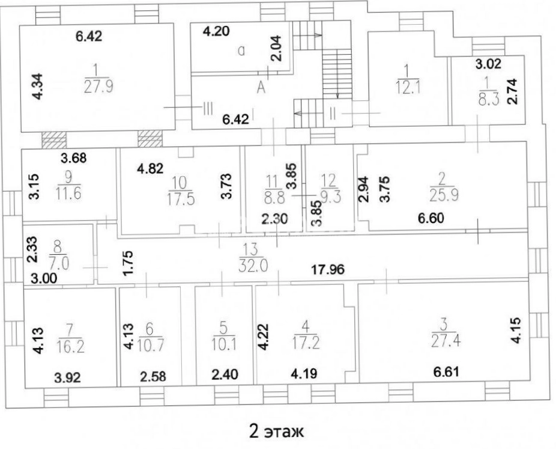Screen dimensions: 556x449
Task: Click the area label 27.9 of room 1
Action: pyautogui.click(x=98, y=86)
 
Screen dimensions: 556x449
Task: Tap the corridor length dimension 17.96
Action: pyautogui.click(x=328, y=269)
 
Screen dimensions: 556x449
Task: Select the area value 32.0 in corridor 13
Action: pyautogui.click(x=253, y=265)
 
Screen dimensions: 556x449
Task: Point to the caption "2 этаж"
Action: pyautogui.click(x=277, y=431)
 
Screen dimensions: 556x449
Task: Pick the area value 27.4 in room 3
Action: pyautogui.click(x=446, y=340)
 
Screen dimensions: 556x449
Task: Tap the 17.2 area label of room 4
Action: pyautogui.click(x=306, y=343)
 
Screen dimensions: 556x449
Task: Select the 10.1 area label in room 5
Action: pyautogui.click(x=224, y=344)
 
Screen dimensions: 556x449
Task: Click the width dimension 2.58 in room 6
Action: pyautogui.click(x=153, y=376)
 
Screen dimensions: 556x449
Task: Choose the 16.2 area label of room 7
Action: pyautogui.click(x=70, y=346)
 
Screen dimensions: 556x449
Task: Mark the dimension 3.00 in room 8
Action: pyautogui.click(x=44, y=278)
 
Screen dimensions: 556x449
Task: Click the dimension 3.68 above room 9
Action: pyautogui.click(x=73, y=157)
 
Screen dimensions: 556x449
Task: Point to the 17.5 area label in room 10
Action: pyautogui.click(x=181, y=199)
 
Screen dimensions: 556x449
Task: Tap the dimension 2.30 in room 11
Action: pyautogui.click(x=275, y=219)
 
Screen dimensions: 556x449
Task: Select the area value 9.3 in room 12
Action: pyautogui.click(x=330, y=197)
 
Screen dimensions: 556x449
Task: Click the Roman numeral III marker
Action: pyautogui.click(x=208, y=108)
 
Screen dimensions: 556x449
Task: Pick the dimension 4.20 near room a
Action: pyautogui.click(x=216, y=31)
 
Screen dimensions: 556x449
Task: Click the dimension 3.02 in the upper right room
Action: pyautogui.click(x=488, y=64)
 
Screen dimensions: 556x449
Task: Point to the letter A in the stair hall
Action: pyautogui.click(x=261, y=87)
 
